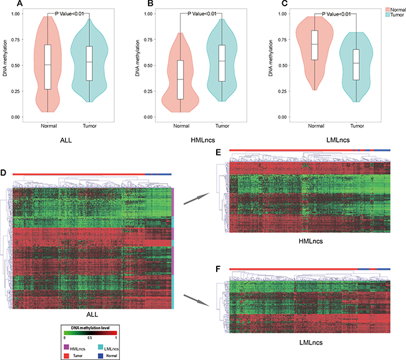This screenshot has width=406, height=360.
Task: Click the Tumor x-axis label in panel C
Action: [356, 125]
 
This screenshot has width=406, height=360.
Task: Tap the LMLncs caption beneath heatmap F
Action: [310, 343]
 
